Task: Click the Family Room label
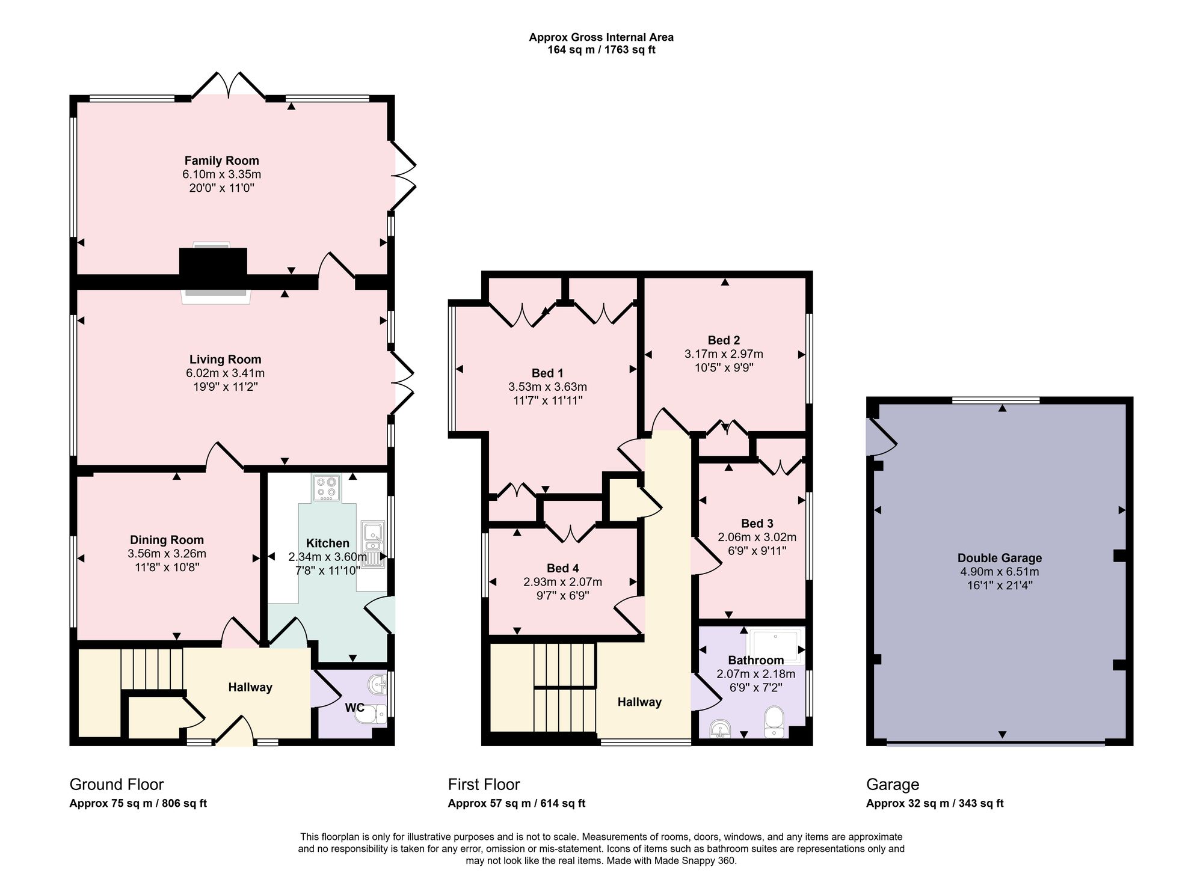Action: [x=221, y=161]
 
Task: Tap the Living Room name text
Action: [x=225, y=360]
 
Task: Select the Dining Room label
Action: [x=167, y=540]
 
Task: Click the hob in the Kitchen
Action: [x=326, y=488]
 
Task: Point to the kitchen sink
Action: [x=373, y=544]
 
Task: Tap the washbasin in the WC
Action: [x=378, y=683]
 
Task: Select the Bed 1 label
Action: [x=547, y=373]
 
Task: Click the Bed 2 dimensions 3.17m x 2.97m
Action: [x=724, y=354]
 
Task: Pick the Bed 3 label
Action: [x=757, y=524]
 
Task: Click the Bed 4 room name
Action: [x=563, y=568]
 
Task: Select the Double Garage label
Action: [x=1000, y=558]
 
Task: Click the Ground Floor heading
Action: [x=117, y=785]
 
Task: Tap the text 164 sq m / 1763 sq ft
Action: [x=601, y=50]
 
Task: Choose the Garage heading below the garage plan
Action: [x=893, y=785]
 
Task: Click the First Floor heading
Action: [x=484, y=785]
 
